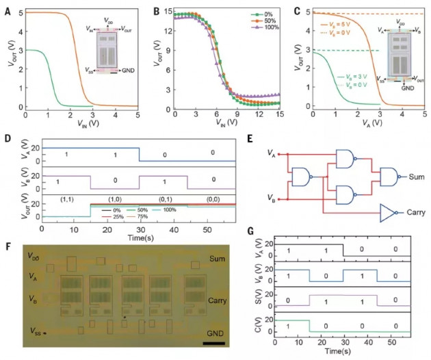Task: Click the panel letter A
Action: (x=6, y=8)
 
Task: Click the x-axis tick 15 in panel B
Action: (x=278, y=112)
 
